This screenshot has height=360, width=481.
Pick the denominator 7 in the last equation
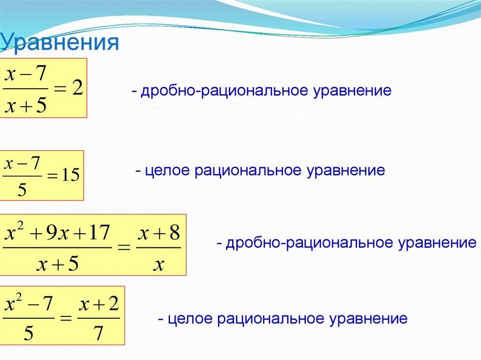point(99,333)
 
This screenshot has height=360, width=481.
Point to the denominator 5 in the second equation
point(21,190)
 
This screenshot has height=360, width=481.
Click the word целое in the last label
point(188,319)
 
